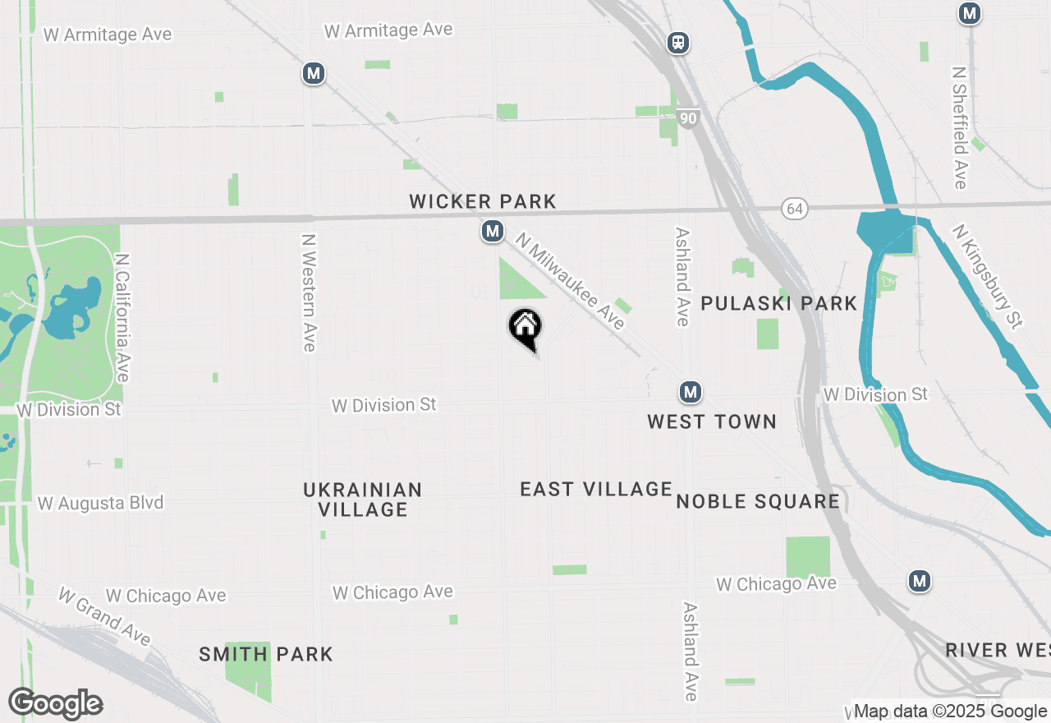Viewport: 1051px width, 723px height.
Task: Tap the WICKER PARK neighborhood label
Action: (x=483, y=201)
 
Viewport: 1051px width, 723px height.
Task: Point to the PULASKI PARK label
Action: (x=778, y=303)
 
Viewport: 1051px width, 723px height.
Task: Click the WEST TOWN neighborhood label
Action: (x=712, y=421)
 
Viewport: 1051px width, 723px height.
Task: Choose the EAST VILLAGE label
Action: (x=596, y=489)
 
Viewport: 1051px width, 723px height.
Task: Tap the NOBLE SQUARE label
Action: (x=758, y=501)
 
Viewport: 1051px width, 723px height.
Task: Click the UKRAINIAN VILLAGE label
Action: (x=363, y=500)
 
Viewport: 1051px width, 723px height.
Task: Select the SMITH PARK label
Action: (x=266, y=655)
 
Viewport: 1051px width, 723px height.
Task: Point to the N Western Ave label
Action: (x=309, y=292)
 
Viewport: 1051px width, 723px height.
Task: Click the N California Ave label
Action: (x=123, y=317)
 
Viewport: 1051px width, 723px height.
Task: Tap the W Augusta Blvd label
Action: (x=100, y=503)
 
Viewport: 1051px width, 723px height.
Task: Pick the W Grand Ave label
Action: (x=104, y=616)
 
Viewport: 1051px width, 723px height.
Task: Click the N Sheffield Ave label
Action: (x=959, y=127)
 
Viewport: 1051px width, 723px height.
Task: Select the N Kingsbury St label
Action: (x=988, y=276)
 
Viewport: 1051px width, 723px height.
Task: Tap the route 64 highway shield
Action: (x=794, y=209)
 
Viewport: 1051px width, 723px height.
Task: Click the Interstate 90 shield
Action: (x=688, y=119)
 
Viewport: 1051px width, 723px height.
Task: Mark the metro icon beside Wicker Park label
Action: (x=493, y=232)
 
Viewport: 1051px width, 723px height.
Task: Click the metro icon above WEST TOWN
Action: (x=691, y=392)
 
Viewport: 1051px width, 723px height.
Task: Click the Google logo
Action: (x=56, y=704)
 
